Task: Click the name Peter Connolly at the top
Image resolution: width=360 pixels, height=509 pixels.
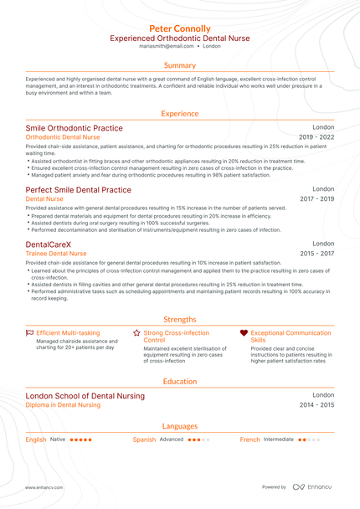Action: (180, 28)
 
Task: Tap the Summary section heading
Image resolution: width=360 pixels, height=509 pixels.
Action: (180, 65)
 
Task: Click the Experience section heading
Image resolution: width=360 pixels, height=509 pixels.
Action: (180, 112)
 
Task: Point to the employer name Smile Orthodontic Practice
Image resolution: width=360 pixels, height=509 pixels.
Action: (74, 128)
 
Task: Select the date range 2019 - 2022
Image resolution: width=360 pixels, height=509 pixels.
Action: (316, 136)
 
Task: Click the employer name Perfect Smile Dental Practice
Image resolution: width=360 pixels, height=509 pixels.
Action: (78, 190)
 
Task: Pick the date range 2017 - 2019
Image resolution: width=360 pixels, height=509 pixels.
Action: (316, 199)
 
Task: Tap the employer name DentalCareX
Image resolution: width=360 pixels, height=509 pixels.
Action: (49, 244)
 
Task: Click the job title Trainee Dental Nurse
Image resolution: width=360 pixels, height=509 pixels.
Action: (56, 253)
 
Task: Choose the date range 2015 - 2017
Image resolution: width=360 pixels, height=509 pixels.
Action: (316, 253)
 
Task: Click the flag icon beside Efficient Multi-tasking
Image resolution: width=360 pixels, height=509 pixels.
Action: (30, 332)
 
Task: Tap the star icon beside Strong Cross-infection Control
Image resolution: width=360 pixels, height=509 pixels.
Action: (136, 332)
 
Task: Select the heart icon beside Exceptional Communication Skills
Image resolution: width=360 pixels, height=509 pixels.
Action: (244, 332)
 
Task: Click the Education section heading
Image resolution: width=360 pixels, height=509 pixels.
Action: (180, 381)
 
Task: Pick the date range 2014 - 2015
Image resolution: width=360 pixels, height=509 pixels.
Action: (316, 404)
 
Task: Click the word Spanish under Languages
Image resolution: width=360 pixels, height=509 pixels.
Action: (144, 440)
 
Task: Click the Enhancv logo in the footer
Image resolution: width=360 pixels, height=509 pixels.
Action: (311, 486)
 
